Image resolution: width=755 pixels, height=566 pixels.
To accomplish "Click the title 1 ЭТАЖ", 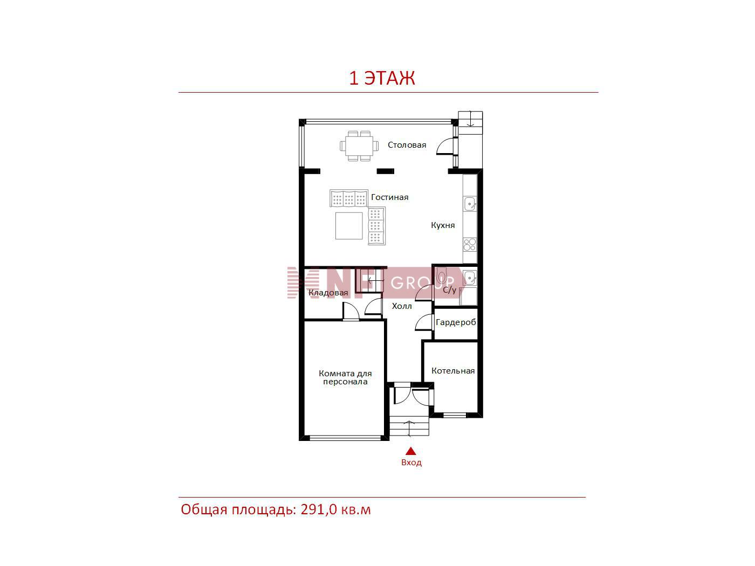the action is click(382, 78).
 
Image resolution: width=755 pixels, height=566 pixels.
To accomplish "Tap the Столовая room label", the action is click(407, 145).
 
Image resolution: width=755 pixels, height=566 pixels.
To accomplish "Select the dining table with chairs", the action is click(359, 146).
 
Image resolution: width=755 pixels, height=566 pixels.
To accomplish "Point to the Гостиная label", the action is click(390, 197).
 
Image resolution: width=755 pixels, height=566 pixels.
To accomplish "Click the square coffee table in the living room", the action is click(349, 225).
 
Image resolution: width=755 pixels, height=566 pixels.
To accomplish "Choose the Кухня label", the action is click(443, 225).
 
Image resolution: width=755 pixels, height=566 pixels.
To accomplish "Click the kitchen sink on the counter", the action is click(470, 204).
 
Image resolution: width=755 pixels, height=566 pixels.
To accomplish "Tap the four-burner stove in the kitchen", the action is click(470, 245).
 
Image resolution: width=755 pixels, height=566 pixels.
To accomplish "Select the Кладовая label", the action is click(328, 293).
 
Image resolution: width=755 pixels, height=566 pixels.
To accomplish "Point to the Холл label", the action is click(402, 306).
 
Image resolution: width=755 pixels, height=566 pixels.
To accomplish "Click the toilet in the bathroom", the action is click(441, 275).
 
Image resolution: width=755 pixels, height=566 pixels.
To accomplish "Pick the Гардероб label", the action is click(456, 322).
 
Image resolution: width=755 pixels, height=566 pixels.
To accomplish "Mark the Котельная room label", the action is click(453, 371).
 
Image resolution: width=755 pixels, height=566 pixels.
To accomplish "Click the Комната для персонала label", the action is click(345, 378).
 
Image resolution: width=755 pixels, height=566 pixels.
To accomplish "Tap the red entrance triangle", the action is click(411, 451).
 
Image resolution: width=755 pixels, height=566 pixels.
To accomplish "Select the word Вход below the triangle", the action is click(411, 463).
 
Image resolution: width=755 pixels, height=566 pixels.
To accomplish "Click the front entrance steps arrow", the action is click(409, 428).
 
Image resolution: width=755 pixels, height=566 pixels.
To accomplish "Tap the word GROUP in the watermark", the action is click(422, 283).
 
